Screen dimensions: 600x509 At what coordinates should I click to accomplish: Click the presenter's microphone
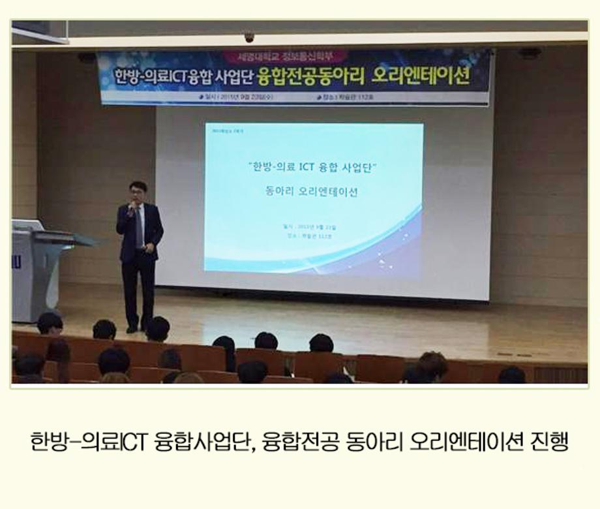(x=131, y=207)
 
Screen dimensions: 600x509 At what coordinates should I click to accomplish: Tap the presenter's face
(x=138, y=193)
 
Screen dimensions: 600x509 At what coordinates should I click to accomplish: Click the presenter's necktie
(x=139, y=225)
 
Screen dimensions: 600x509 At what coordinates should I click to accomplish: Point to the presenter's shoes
(x=139, y=328)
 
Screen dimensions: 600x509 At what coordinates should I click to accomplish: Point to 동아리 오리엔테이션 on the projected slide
(x=312, y=193)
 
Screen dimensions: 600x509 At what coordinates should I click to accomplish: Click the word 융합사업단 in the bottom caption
(x=203, y=442)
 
